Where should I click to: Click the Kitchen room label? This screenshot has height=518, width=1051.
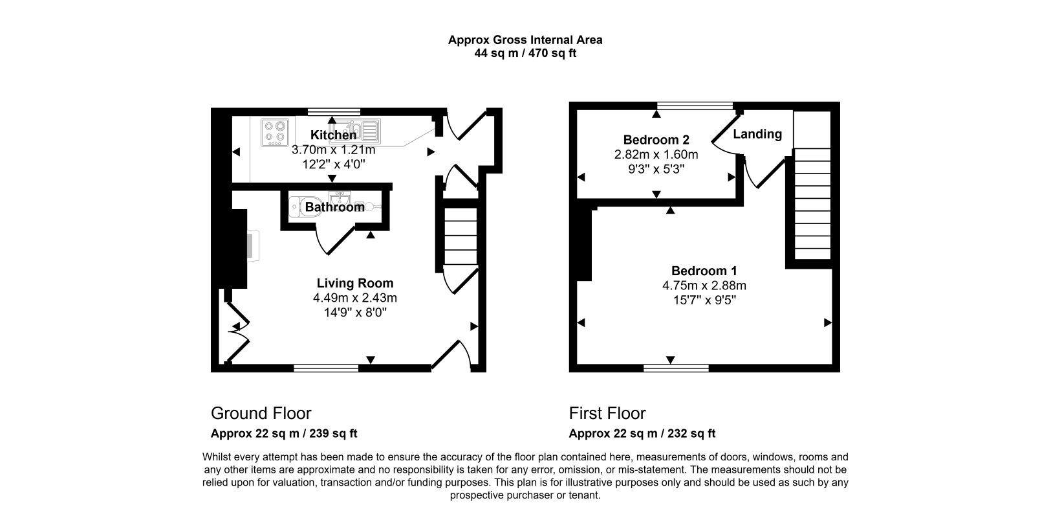tap(333, 135)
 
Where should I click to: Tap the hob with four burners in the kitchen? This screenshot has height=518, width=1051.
tap(275, 132)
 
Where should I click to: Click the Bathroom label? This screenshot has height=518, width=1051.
tap(334, 208)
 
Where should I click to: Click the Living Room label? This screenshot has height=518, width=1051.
tap(354, 283)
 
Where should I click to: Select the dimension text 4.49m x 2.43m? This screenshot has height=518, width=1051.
tap(354, 298)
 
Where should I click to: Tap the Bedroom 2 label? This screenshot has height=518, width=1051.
tap(656, 140)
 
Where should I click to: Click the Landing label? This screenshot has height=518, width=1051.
tap(757, 134)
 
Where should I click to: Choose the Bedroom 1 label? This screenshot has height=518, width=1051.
tap(704, 271)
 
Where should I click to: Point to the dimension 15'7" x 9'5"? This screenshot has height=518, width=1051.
tap(704, 300)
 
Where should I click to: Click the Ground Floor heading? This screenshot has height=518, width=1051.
tap(261, 413)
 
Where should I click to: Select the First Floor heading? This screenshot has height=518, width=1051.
tap(607, 413)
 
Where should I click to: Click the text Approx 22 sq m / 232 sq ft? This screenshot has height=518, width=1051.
tap(642, 434)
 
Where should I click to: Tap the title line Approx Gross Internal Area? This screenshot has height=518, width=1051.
tap(525, 39)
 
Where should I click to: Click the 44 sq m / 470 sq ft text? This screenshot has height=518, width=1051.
tap(525, 54)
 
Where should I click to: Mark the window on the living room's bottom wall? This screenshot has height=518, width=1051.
tap(325, 368)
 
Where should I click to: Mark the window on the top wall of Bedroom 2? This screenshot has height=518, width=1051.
tap(695, 105)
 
